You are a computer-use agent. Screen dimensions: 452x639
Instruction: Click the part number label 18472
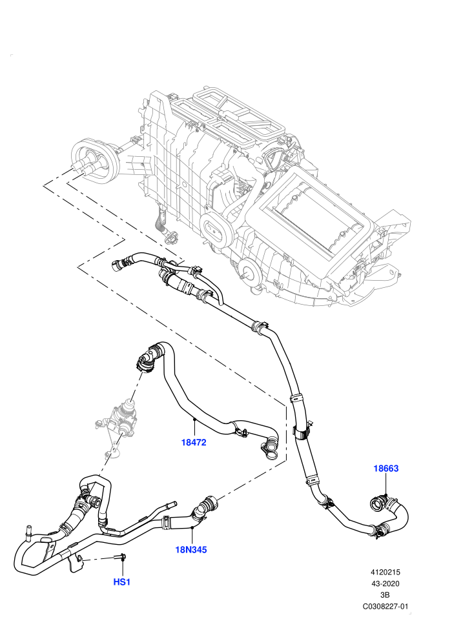tap(194, 442)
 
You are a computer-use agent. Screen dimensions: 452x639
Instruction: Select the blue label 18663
tap(386, 468)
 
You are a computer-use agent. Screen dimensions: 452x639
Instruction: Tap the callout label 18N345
tap(190, 550)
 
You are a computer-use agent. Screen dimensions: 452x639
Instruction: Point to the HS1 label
tap(121, 582)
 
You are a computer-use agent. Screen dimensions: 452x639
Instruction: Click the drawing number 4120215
tap(385, 573)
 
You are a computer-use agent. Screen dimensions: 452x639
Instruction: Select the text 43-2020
tap(385, 583)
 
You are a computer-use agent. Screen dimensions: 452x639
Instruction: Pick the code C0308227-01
tap(385, 606)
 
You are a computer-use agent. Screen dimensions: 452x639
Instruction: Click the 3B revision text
tap(385, 595)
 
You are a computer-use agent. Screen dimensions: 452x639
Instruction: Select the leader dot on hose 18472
tap(195, 419)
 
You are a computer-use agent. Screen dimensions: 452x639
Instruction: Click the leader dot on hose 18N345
tap(192, 527)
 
